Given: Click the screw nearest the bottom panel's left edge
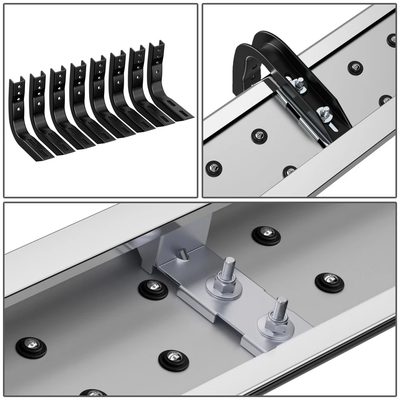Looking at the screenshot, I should pyautogui.click(x=32, y=345).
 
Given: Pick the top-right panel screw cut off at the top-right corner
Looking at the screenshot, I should pyautogui.click(x=392, y=39).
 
